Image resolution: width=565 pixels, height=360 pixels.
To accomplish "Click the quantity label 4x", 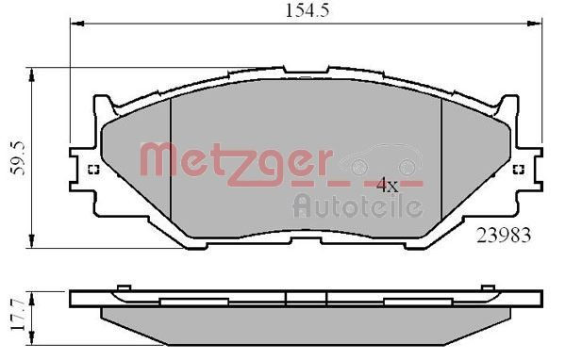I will (x=388, y=186).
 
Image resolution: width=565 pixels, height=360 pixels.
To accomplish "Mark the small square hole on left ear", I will (x=93, y=171).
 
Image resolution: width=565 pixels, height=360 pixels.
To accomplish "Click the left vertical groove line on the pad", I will (x=169, y=160).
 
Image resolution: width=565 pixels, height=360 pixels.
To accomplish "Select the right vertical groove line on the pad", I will (x=442, y=160).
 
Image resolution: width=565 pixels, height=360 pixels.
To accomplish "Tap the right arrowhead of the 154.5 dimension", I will (x=539, y=25).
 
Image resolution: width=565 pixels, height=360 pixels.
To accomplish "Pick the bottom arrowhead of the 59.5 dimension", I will (x=34, y=244).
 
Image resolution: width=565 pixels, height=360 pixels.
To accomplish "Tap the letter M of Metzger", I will (x=158, y=159).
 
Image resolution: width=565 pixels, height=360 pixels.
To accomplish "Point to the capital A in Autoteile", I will (x=302, y=205).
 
